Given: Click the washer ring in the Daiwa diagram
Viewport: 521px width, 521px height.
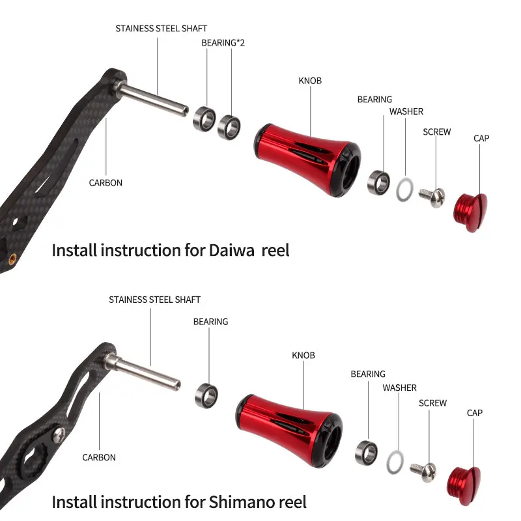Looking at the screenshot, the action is [x=404, y=189].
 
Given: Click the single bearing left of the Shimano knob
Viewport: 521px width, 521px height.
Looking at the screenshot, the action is [x=207, y=393].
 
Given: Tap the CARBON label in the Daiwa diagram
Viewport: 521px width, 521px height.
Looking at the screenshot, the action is [x=106, y=183].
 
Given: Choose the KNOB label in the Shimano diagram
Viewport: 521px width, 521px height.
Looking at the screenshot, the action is [x=303, y=356].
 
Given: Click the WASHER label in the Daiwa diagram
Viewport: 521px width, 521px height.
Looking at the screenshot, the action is [x=406, y=112].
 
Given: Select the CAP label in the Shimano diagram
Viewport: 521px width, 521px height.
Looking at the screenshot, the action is [x=475, y=413].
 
